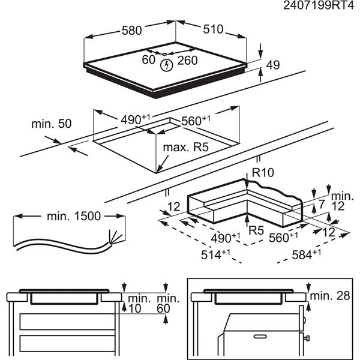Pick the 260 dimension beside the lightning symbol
pos(187,61)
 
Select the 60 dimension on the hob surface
pos(148,60)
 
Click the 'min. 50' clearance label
pos(51,124)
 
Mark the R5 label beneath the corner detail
pos(257,229)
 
